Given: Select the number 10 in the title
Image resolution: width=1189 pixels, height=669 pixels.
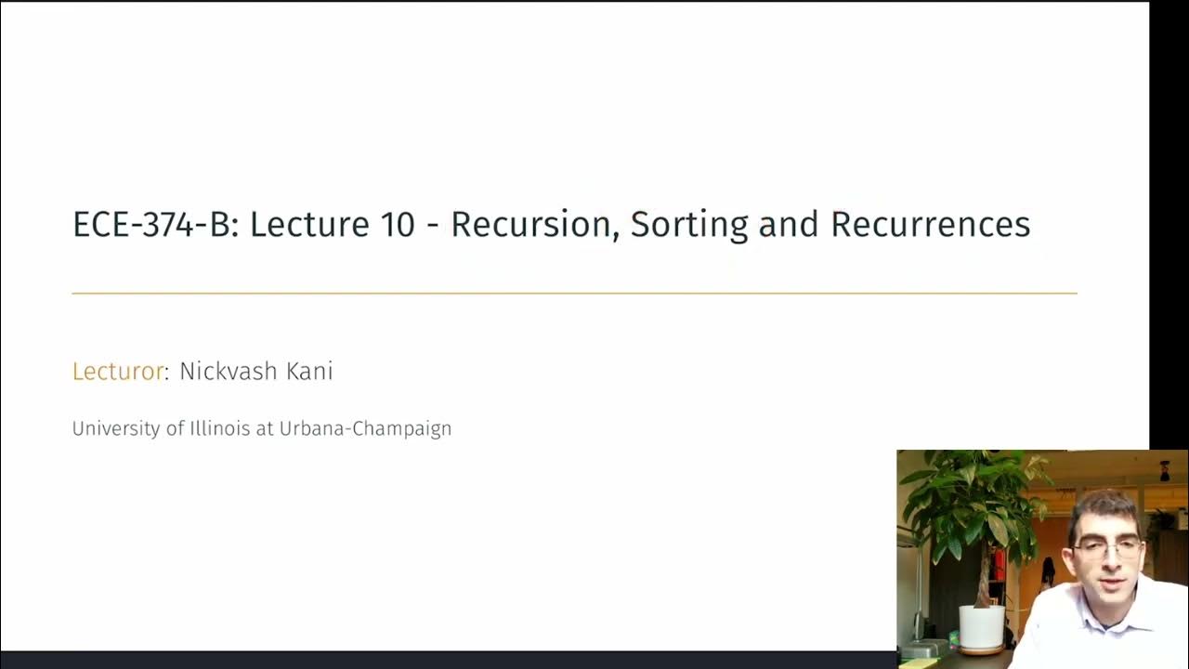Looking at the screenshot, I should point(397,225).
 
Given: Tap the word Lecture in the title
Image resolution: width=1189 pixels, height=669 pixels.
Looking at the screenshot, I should point(308,225).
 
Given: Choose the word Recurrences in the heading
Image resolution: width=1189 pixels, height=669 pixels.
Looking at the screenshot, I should point(930,225).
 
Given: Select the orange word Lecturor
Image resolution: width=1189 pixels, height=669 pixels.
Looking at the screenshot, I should point(118,372).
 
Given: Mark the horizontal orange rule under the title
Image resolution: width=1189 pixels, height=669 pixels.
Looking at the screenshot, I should point(574,294).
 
